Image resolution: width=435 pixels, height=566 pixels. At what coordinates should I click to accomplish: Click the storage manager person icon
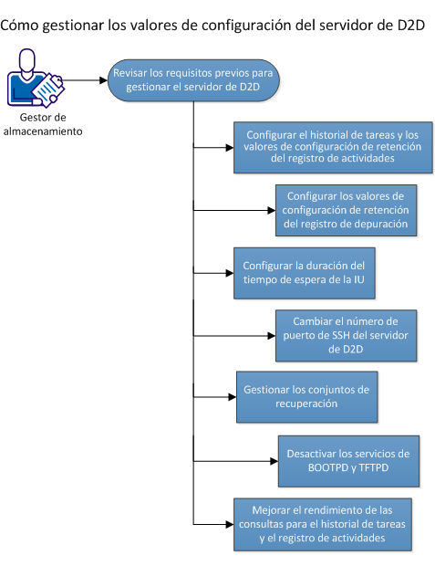pyautogui.click(x=33, y=80)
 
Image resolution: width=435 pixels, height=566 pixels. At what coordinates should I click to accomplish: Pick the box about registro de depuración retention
pyautogui.click(x=346, y=211)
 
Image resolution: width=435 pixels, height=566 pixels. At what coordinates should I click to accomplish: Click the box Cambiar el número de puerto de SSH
pyautogui.click(x=346, y=335)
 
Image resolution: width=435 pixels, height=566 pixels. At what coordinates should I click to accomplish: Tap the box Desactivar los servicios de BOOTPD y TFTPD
pyautogui.click(x=346, y=460)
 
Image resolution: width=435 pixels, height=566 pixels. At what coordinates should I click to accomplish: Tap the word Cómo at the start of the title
pyautogui.click(x=22, y=25)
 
